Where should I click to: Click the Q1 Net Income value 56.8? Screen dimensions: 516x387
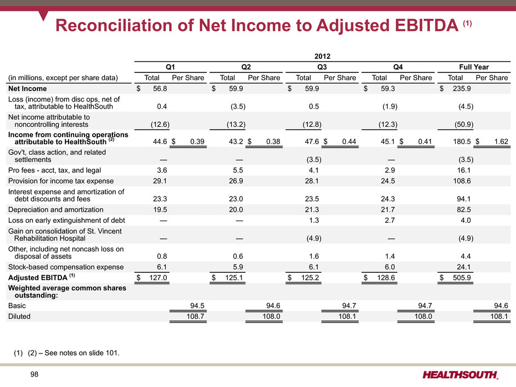(x=160, y=88)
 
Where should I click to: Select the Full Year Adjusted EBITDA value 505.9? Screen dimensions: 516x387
(x=462, y=278)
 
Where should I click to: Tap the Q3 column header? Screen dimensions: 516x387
(x=322, y=67)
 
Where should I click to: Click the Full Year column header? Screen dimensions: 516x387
(x=474, y=67)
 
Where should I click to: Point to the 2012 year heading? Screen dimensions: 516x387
(x=322, y=57)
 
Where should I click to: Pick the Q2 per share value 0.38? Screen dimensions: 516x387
(x=273, y=142)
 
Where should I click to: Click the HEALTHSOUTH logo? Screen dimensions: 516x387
(x=461, y=375)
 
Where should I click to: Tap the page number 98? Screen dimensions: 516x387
(x=34, y=374)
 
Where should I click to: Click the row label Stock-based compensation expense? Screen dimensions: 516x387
(x=66, y=267)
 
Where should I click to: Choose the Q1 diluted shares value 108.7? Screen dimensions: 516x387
(x=195, y=317)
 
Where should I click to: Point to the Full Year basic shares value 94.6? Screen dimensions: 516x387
(x=501, y=306)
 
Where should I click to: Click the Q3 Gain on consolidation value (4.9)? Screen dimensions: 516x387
(x=314, y=238)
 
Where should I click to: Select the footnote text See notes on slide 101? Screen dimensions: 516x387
(x=82, y=353)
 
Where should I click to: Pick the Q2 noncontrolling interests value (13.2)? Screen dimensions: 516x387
(x=236, y=125)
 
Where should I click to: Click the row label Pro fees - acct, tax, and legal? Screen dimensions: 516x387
(x=55, y=171)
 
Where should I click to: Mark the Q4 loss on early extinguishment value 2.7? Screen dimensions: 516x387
(x=390, y=221)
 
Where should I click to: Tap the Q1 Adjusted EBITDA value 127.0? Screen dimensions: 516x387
(x=158, y=278)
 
